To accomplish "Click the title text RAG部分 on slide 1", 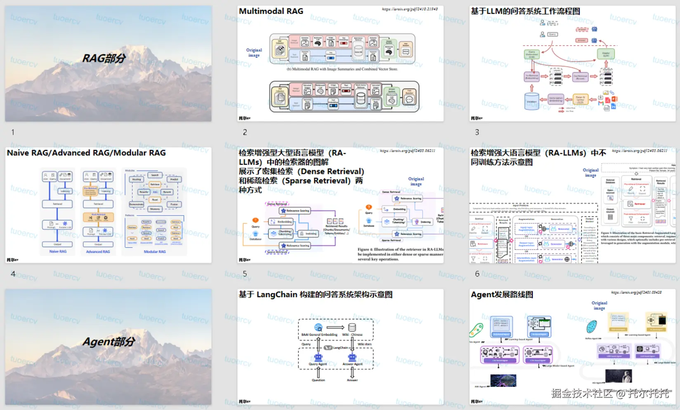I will (x=104, y=59).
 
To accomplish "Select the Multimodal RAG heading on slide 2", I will (x=271, y=11).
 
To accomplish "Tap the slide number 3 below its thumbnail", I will (x=477, y=132).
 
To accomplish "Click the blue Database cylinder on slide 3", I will (x=531, y=101).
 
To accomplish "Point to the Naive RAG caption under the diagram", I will (x=58, y=251).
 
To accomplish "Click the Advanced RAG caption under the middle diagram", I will (x=98, y=251).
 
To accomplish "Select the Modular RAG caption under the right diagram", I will (x=155, y=251).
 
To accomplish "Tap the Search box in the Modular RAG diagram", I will (x=155, y=175).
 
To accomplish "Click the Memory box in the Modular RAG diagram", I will (x=155, y=209).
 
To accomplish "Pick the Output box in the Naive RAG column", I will (x=57, y=244).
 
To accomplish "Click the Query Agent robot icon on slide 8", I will (x=318, y=357).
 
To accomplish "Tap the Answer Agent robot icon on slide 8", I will (x=352, y=357).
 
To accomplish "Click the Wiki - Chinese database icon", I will (x=352, y=328).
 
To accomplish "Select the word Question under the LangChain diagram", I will (x=318, y=380).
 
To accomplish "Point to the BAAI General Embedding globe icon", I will (x=318, y=328).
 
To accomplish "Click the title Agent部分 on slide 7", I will (x=109, y=342).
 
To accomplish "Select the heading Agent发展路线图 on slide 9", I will (x=502, y=295).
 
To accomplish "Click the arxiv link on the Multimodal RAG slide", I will (x=409, y=9).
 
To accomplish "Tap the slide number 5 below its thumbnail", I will (x=245, y=274).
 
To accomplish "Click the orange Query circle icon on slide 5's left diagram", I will (x=255, y=220).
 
